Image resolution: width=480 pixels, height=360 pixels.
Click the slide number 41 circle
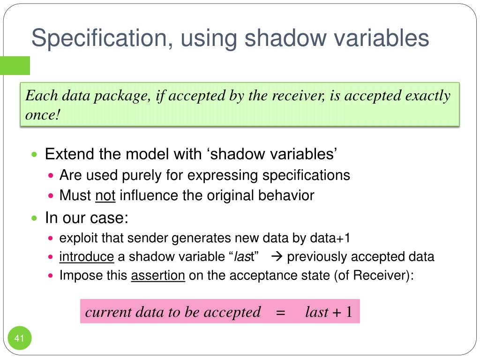pyautogui.click(x=19, y=338)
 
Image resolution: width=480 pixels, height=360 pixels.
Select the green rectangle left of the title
pyautogui.click(x=15, y=66)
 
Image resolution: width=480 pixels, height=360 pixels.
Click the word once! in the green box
pyautogui.click(x=43, y=115)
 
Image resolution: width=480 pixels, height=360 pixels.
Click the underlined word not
pyautogui.click(x=105, y=195)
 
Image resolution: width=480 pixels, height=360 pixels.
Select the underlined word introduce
pyautogui.click(x=86, y=257)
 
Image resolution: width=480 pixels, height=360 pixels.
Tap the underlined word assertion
pyautogui.click(x=158, y=276)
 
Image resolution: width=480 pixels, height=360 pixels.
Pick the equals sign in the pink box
pyautogui.click(x=281, y=312)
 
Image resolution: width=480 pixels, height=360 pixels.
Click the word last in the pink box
pyautogui.click(x=316, y=312)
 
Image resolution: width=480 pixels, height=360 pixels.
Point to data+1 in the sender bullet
pyautogui.click(x=330, y=238)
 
